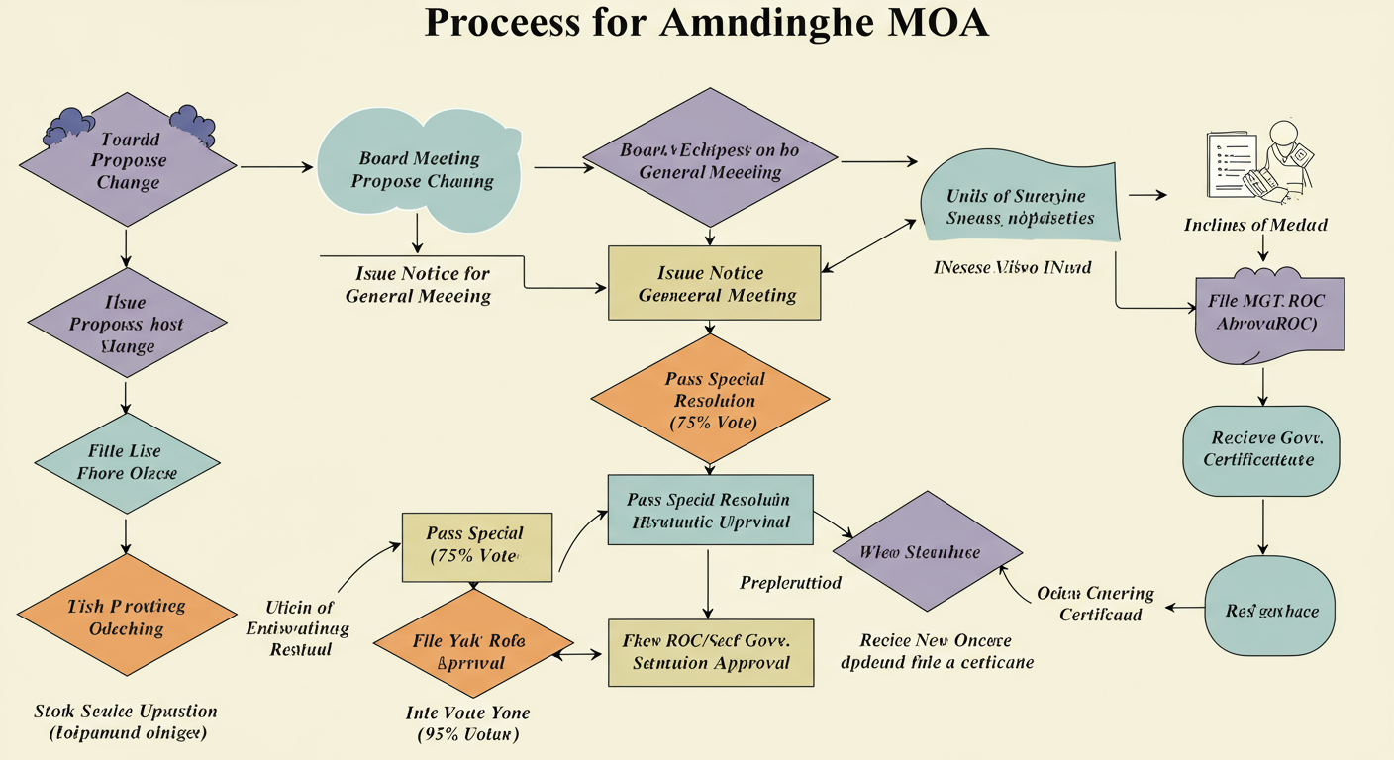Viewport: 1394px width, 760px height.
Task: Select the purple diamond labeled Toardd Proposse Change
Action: [x=128, y=159]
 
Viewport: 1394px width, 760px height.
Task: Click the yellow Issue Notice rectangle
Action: [x=714, y=283]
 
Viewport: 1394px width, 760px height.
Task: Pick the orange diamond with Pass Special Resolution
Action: [x=709, y=400]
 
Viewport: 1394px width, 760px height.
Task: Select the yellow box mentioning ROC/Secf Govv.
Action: [x=710, y=652]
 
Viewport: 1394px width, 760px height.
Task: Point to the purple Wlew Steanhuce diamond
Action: [x=928, y=552]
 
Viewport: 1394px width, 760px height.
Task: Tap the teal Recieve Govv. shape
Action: [x=1260, y=450]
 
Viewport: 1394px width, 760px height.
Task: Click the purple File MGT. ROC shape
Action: [x=1270, y=311]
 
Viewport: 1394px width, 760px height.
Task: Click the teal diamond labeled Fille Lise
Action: [x=127, y=462]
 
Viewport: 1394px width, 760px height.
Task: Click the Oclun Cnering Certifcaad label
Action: [x=1095, y=604]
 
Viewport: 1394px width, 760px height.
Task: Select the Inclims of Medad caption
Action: [x=1254, y=225]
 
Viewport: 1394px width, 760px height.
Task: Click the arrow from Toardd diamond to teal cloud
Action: [x=276, y=167]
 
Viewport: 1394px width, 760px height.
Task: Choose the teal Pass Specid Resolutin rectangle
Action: [x=709, y=511]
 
